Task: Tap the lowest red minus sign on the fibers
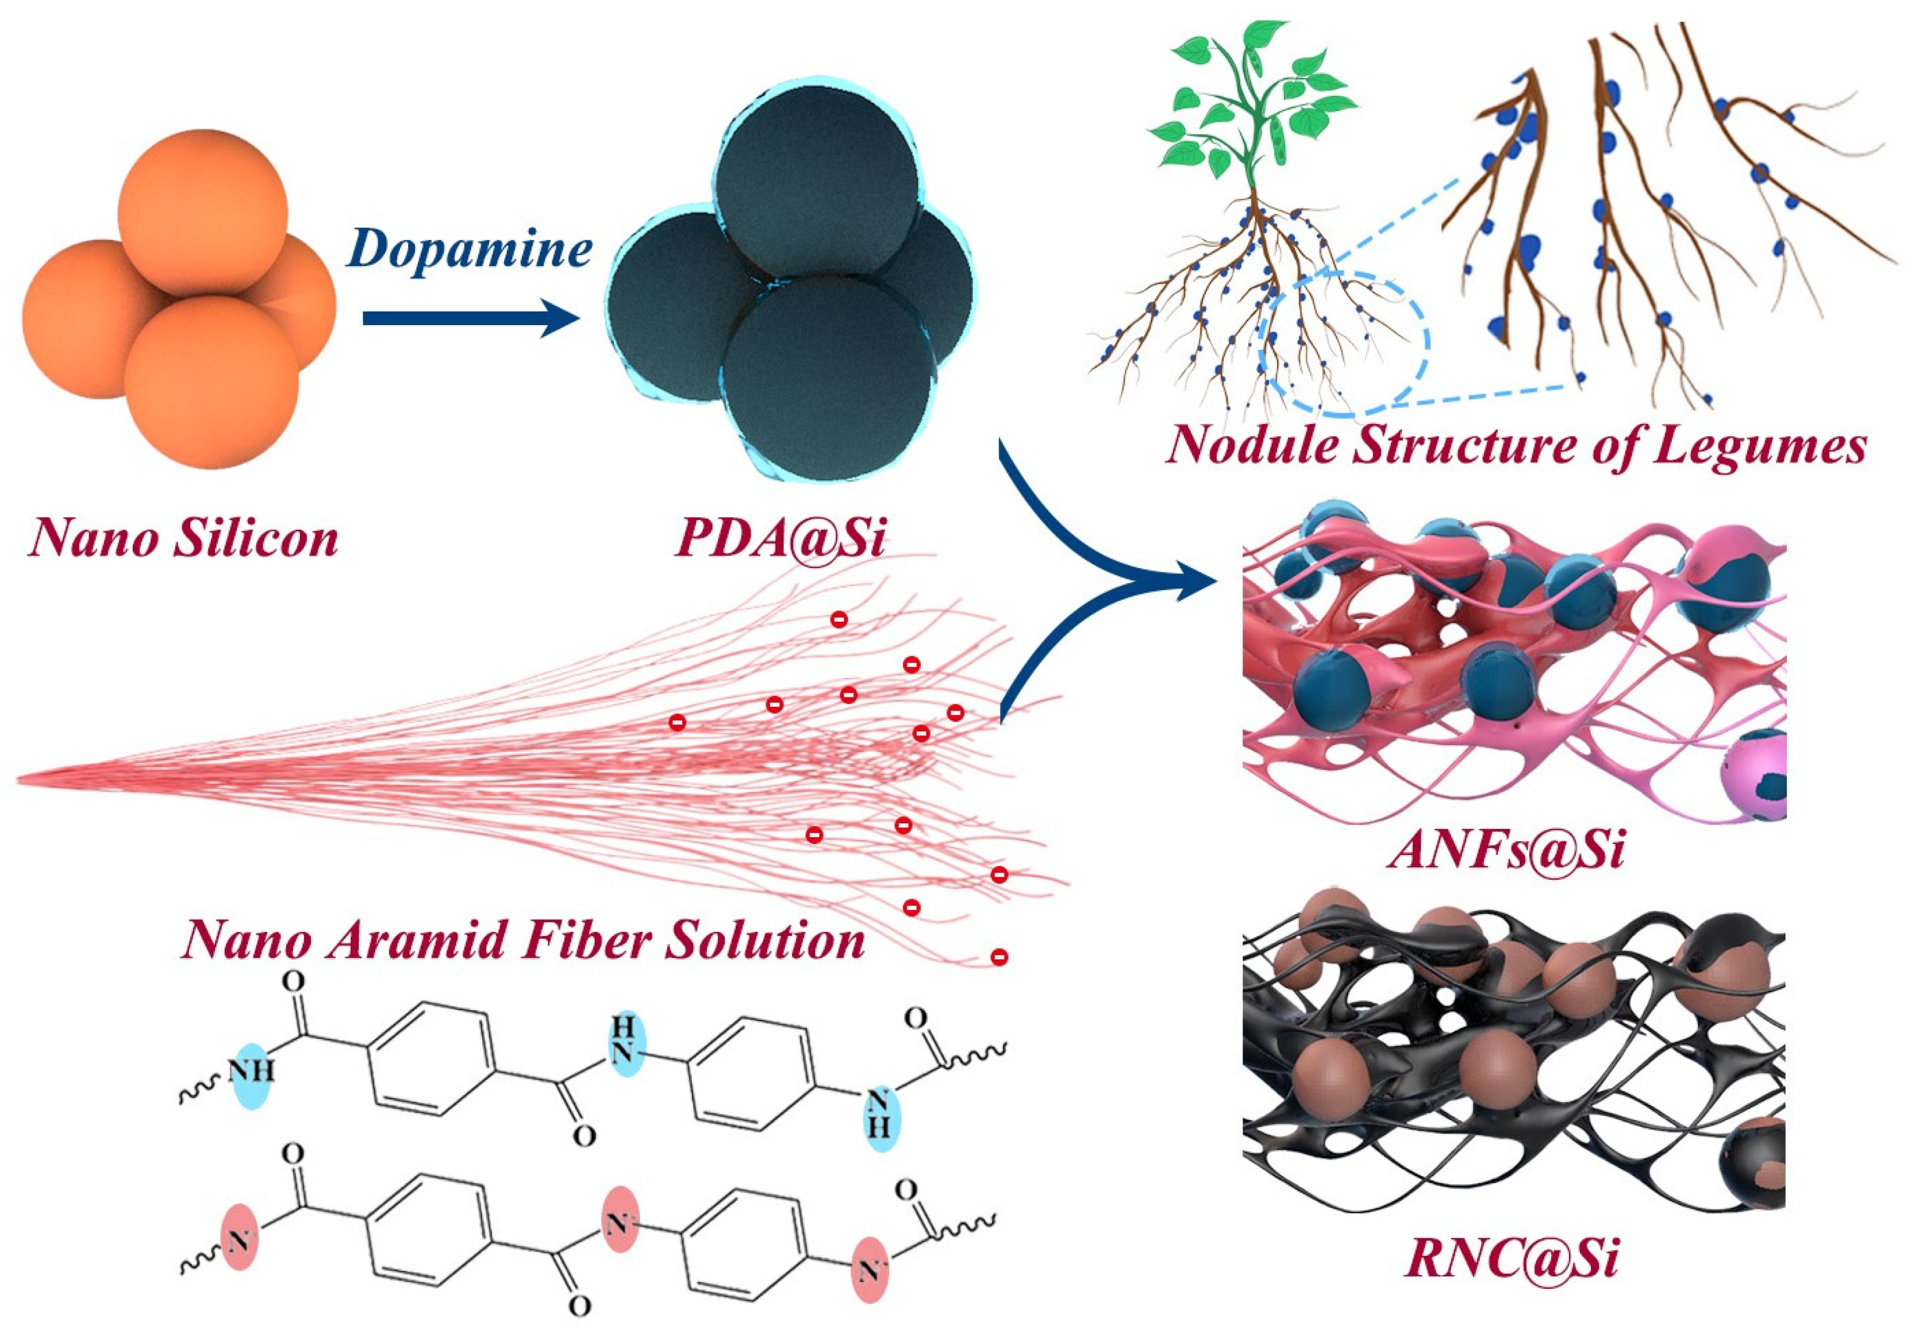(x=998, y=956)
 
